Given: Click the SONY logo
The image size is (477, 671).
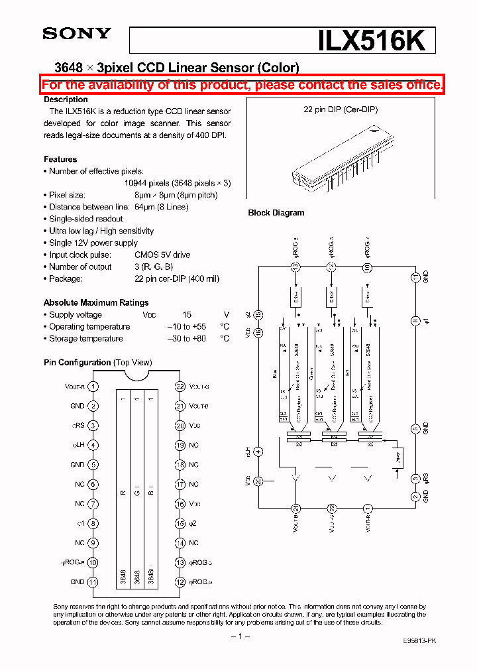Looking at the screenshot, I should (x=77, y=34).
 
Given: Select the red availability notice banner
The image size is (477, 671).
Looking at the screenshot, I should (x=242, y=85).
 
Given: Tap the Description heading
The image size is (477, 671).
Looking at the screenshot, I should (x=66, y=99).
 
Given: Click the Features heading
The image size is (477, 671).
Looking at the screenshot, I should (x=60, y=159).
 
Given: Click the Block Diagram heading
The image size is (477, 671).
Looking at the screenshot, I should (x=276, y=213).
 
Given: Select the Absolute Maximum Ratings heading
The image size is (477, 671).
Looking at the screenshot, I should (x=96, y=302).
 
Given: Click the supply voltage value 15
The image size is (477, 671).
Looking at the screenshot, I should (x=187, y=315).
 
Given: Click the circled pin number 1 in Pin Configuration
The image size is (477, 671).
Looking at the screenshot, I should (x=93, y=387).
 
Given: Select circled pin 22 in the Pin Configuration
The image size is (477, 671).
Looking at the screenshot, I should (x=180, y=387).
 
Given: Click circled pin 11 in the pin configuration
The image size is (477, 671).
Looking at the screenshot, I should (x=93, y=582).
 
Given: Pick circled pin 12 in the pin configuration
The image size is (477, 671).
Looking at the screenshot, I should (x=180, y=582).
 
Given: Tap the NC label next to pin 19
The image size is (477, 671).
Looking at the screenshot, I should (x=193, y=446).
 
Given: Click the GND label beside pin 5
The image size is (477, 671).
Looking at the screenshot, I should (x=77, y=465).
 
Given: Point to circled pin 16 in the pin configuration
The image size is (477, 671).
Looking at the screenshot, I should (x=180, y=504).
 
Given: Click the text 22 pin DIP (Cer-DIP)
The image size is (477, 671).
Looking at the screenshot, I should (x=341, y=110).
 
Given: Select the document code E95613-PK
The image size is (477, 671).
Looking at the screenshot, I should (x=419, y=640).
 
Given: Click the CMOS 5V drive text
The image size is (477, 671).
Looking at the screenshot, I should (x=162, y=255).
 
